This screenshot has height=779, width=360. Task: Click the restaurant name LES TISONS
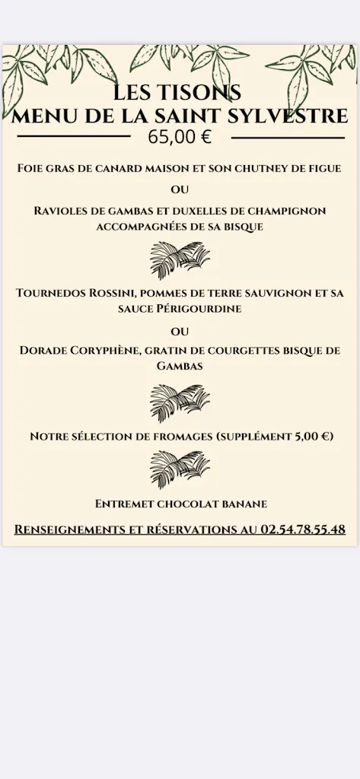coord(177,92)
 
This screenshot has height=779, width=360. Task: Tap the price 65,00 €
coord(180,137)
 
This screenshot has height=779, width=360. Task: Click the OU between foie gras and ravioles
coord(180,189)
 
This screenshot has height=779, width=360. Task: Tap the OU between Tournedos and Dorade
coord(180,332)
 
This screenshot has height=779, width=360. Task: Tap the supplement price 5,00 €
coord(311,437)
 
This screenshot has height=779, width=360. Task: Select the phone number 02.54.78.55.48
coord(302,529)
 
